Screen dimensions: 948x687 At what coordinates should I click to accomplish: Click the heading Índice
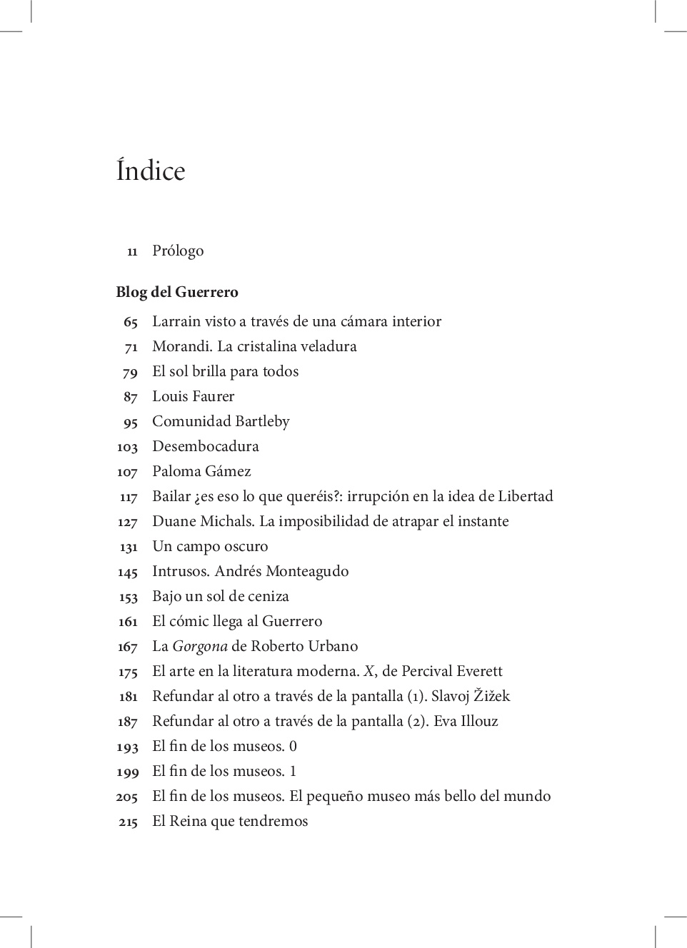tap(151, 171)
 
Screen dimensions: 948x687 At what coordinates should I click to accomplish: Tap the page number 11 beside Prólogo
tap(132, 251)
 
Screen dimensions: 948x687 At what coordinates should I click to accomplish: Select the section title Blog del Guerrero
tap(177, 292)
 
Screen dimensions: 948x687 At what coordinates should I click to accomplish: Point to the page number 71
tap(131, 348)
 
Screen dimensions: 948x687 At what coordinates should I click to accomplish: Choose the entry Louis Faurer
tap(193, 396)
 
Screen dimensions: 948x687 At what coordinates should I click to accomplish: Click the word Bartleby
tap(262, 421)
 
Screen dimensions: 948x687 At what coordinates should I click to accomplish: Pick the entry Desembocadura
tap(206, 446)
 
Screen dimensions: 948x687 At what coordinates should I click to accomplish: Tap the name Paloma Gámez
tap(201, 471)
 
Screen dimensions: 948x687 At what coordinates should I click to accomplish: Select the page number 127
tap(127, 523)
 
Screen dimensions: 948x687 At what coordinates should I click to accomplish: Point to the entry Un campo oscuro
tap(210, 546)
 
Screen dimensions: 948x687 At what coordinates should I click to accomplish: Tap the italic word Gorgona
tap(200, 647)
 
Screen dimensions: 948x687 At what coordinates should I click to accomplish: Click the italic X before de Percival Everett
tap(369, 671)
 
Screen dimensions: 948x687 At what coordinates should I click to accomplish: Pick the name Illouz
tap(479, 721)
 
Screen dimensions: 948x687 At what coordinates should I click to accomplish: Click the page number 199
tap(128, 772)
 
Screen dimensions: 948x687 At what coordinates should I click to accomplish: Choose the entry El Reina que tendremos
tap(230, 821)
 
